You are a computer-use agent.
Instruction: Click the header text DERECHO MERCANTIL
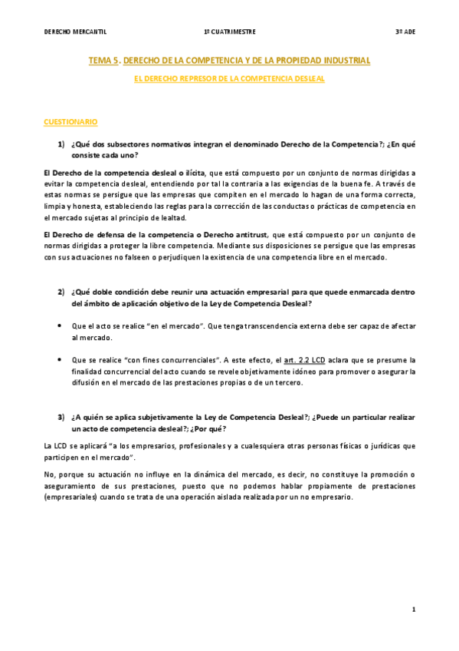[75, 31]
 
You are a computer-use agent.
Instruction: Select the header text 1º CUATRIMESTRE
[230, 31]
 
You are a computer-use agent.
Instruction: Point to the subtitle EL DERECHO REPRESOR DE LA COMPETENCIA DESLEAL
[230, 78]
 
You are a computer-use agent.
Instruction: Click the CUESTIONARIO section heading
[70, 122]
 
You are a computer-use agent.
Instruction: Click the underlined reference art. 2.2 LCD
[301, 359]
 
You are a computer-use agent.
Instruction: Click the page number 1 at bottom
[413, 610]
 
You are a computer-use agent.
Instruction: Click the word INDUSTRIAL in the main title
[341, 60]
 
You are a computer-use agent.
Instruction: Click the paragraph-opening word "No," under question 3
[50, 474]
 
